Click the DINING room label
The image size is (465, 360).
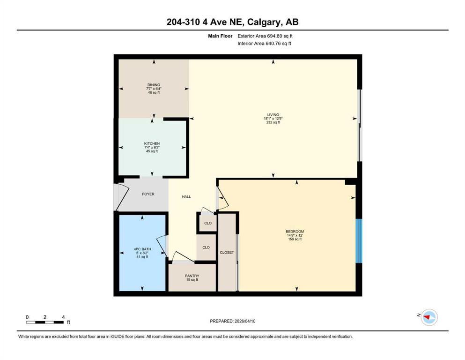[x=154, y=85]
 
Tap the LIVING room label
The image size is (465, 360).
[x=273, y=114]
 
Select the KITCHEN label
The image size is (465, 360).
[x=152, y=143]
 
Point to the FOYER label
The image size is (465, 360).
[x=148, y=194]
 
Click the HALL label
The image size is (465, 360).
[x=186, y=197]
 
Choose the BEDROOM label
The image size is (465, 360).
[x=295, y=232]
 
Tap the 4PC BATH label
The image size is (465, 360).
[x=142, y=249]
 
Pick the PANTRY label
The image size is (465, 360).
[x=192, y=276]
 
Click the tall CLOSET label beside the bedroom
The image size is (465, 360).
[x=227, y=253]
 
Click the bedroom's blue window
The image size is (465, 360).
[x=359, y=241]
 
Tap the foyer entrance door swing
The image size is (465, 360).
[x=122, y=196]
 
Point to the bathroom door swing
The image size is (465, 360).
[x=162, y=246]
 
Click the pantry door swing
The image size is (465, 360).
[x=183, y=257]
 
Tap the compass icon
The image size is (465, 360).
[x=429, y=317]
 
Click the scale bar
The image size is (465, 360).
[x=45, y=322]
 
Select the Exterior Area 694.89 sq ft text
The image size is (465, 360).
[x=265, y=36]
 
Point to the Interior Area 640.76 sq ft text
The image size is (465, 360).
[x=264, y=44]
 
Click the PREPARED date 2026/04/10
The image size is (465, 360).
[x=244, y=321]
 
